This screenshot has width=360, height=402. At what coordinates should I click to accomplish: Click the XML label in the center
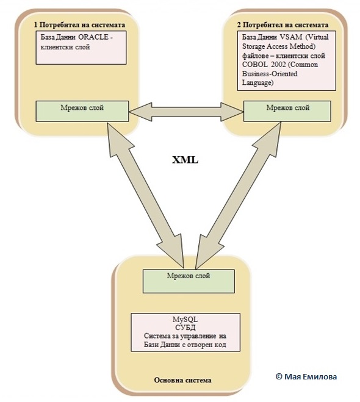[185, 160]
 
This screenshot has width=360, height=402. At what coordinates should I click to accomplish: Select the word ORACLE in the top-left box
[93, 37]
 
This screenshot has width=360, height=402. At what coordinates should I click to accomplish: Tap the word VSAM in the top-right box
[290, 37]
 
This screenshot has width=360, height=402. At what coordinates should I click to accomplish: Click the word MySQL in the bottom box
[185, 320]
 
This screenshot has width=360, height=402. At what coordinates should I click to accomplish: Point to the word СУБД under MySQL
[185, 328]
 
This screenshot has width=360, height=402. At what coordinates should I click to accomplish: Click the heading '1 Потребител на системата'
[79, 25]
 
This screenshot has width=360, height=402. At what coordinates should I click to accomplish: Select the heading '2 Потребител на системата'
[283, 25]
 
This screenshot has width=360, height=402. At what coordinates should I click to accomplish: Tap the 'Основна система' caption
[183, 380]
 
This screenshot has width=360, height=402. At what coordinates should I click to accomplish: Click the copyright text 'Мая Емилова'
[311, 376]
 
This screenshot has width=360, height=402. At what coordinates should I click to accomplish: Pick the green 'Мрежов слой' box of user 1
[82, 111]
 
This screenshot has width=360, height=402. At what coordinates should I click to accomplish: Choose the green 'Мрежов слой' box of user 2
[287, 111]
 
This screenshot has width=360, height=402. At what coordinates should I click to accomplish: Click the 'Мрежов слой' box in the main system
[189, 281]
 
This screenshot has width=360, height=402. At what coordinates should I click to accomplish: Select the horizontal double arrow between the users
[186, 112]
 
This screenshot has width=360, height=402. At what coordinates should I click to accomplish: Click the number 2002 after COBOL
[278, 65]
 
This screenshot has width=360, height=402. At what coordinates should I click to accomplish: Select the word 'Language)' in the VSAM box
[257, 83]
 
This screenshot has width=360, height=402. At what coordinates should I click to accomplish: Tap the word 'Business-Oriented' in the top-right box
[270, 74]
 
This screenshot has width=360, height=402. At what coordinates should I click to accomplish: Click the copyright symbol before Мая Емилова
[279, 376]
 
